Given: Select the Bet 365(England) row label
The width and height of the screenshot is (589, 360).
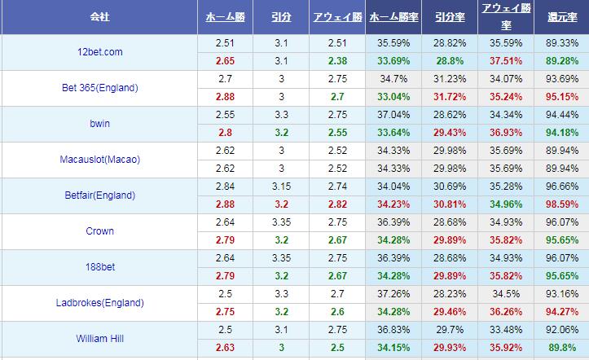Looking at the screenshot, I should (99, 88).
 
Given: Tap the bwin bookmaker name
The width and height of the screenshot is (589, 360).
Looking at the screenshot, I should (99, 124).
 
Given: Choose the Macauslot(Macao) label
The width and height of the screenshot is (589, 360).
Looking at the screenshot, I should (99, 160).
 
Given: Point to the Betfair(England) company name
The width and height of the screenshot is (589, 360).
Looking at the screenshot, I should (99, 195).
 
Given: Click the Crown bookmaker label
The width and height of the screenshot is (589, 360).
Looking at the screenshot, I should (99, 231).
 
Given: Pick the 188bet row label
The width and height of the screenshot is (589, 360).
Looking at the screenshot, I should (99, 267).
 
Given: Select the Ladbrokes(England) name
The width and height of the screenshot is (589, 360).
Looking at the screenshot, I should (99, 303).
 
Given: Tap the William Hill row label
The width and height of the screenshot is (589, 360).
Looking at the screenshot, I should (99, 339).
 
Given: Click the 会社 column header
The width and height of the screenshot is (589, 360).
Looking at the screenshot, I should (99, 16).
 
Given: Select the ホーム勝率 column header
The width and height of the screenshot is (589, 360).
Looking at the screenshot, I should (393, 16).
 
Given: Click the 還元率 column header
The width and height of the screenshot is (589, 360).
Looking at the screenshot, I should (560, 16).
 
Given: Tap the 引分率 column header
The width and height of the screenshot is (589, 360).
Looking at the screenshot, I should (450, 16).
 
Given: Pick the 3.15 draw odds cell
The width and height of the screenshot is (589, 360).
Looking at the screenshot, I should (280, 187).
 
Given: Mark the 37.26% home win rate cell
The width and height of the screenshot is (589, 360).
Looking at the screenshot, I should (393, 294).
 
